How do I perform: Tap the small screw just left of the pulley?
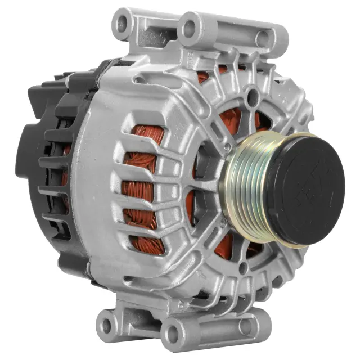click(227, 147)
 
